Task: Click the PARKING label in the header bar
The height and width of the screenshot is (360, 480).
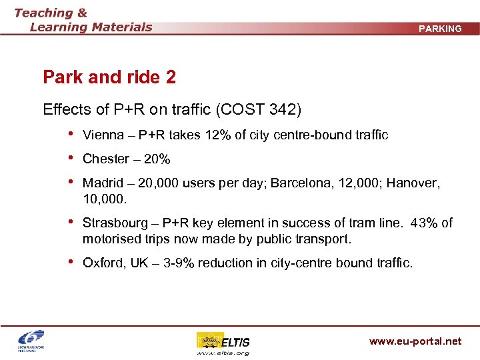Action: click(439, 29)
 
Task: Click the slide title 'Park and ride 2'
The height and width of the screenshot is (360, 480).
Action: click(109, 77)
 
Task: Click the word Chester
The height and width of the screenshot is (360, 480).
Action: click(106, 159)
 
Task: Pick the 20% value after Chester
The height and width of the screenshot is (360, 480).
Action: click(158, 159)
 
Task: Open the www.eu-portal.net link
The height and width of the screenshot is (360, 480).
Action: click(415, 341)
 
